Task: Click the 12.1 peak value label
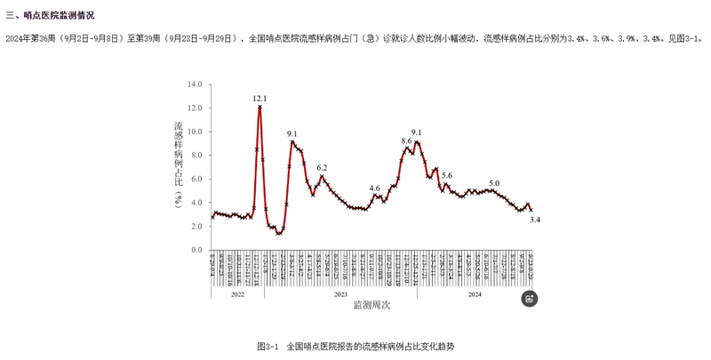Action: (x=260, y=99)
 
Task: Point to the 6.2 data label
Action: (x=322, y=167)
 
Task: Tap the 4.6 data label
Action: (x=374, y=188)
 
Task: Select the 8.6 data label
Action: (x=406, y=140)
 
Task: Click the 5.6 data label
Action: (x=447, y=175)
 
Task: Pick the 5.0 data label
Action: (x=494, y=182)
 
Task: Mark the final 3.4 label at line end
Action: (x=535, y=219)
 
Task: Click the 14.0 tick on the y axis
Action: (x=194, y=84)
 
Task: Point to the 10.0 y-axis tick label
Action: (x=194, y=132)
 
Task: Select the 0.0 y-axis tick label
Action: (x=196, y=250)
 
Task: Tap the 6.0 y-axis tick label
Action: (x=196, y=179)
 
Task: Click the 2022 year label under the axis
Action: (x=237, y=294)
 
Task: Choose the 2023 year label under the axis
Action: (x=340, y=294)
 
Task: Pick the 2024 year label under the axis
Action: (x=474, y=294)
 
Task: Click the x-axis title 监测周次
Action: (x=371, y=305)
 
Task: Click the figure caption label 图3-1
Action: (x=268, y=346)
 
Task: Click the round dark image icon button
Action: (x=529, y=299)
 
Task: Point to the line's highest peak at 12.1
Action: (x=260, y=108)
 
